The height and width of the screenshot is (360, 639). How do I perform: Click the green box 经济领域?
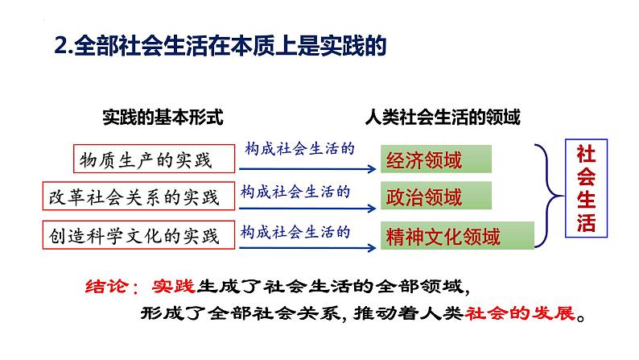point(436,159)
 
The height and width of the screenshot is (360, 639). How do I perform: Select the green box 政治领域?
point(436,197)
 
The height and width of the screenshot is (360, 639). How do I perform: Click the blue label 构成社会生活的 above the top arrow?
point(300,150)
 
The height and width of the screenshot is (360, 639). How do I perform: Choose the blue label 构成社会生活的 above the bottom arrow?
point(296,230)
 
